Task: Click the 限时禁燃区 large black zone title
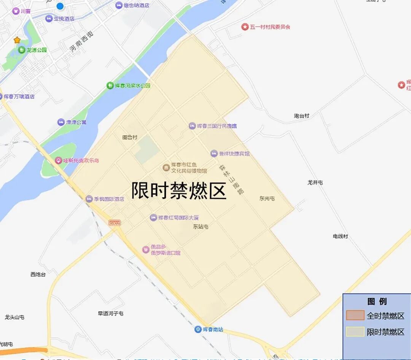[x=179, y=190]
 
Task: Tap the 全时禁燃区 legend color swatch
[x=355, y=316]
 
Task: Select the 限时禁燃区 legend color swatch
[x=355, y=332]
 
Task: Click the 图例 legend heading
[x=377, y=301]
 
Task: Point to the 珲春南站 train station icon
[x=198, y=329]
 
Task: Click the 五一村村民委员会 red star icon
[x=245, y=27]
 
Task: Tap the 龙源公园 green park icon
[x=22, y=50]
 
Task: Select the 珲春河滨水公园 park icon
[x=110, y=86]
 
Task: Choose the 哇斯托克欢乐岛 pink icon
[x=58, y=160]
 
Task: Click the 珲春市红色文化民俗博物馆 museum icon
[x=166, y=168]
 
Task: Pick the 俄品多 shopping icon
[x=145, y=249]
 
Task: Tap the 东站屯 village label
[x=201, y=227]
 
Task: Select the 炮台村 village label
[x=301, y=116]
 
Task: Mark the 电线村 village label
[x=340, y=236]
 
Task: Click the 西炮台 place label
[x=38, y=274]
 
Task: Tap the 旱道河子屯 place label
[x=110, y=313]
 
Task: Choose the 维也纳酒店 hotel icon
[x=119, y=5]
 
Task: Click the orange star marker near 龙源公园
[x=17, y=40]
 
